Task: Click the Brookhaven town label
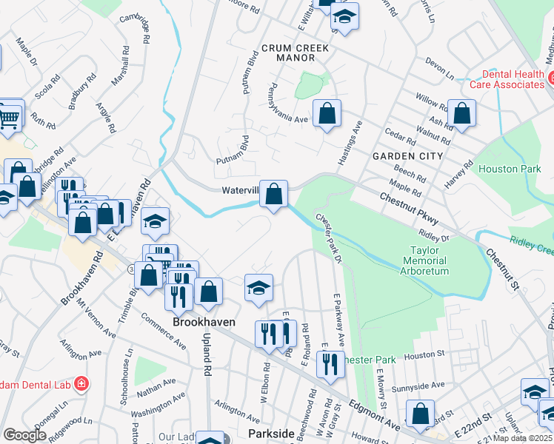[x=204, y=323]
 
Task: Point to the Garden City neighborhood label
[x=407, y=156]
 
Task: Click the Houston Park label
[x=509, y=169]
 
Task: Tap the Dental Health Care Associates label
[x=513, y=79]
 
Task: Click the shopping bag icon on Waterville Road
[x=274, y=195]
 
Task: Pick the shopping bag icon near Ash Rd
[x=461, y=114]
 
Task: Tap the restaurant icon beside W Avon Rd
[x=328, y=363]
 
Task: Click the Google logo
[x=25, y=434]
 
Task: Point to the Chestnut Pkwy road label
[x=409, y=209]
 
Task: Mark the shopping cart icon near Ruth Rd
[x=8, y=117]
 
